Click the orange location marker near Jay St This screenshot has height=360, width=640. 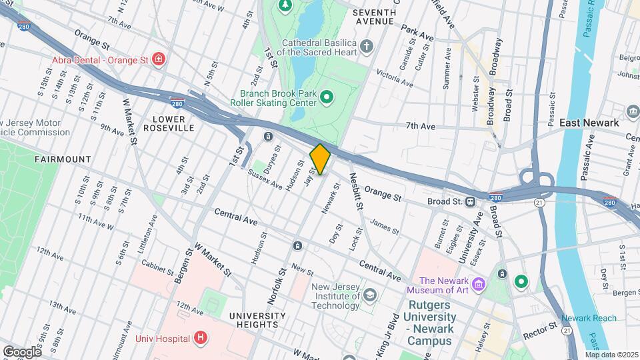pos(320,159)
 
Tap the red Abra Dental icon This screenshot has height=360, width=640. pos(159,60)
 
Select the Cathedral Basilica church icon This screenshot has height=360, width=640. pos(366,47)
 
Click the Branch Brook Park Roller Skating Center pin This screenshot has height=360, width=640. pos(327,99)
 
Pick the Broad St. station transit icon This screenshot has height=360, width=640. pos(471,201)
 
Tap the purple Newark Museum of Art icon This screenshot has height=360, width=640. pos(478,285)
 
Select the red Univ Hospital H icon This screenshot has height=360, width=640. pos(199,338)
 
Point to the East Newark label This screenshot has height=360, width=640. pos(589,123)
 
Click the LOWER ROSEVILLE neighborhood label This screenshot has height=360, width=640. pos(173,123)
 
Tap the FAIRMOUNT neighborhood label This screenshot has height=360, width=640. pos(62,159)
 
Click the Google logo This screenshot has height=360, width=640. pos(21,351)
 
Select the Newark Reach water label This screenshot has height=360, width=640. pos(589,318)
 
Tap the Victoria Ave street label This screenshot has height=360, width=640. pos(395,77)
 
